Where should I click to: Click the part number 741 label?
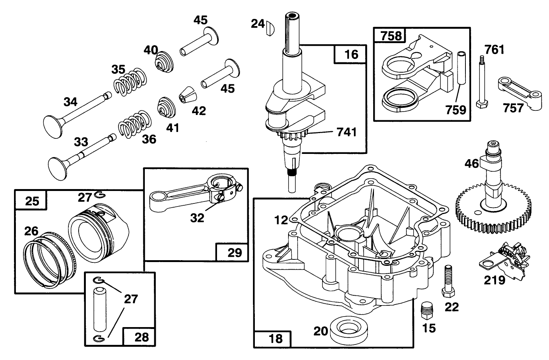point(346,132)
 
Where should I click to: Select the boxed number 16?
point(351,54)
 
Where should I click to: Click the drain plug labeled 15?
point(426,311)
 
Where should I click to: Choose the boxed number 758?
point(391,36)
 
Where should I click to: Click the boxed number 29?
point(234,252)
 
